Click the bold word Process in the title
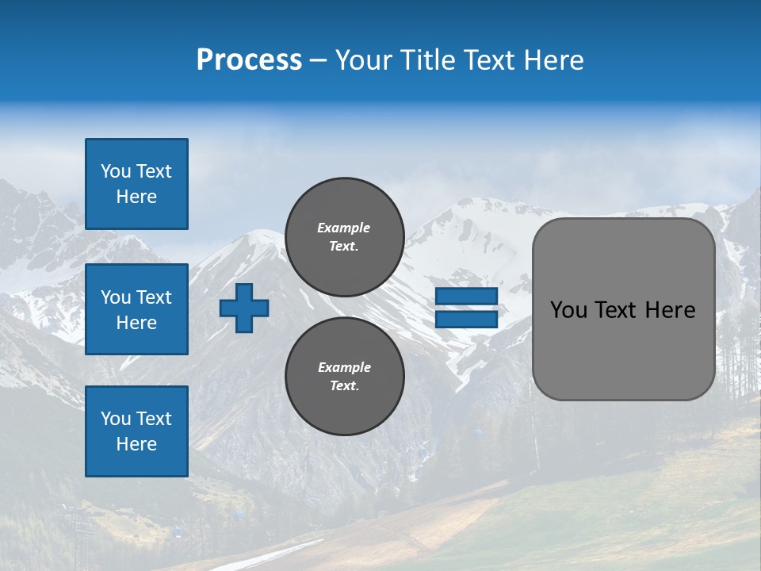click(x=249, y=60)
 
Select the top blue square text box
click(x=136, y=184)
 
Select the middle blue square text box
click(x=136, y=309)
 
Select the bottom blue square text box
click(x=136, y=431)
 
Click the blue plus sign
click(x=244, y=308)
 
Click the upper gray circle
click(x=345, y=237)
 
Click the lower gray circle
click(x=345, y=377)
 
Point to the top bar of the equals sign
click(x=466, y=296)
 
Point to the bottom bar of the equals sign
click(x=466, y=320)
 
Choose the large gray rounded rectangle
click(x=623, y=349)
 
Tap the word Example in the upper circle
click(x=344, y=228)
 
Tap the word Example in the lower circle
click(x=344, y=367)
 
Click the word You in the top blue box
click(x=115, y=171)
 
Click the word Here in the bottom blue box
click(x=136, y=444)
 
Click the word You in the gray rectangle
click(x=569, y=310)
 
